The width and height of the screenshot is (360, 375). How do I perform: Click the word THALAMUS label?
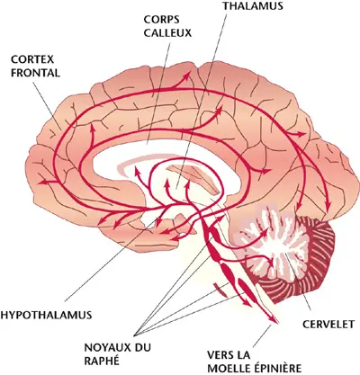tap(253, 6)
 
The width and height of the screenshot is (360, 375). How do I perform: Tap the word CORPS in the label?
tap(161, 20)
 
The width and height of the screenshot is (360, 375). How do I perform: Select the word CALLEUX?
tap(167, 33)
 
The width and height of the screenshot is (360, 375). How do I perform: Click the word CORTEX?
tap(32, 59)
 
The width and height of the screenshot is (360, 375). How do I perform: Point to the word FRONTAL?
tap(35, 73)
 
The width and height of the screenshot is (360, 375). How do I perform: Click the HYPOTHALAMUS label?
tap(46, 315)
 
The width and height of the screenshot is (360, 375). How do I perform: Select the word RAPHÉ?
tap(102, 361)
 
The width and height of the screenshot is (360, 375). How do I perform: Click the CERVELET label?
tap(328, 325)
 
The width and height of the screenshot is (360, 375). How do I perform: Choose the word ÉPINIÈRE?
tap(276, 368)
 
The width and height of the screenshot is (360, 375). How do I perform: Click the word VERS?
tap(220, 355)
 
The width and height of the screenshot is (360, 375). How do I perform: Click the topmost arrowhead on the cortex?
tap(188, 75)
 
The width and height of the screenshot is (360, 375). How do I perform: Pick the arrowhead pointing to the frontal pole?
tap(42, 182)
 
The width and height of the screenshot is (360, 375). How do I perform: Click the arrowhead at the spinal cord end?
tap(275, 320)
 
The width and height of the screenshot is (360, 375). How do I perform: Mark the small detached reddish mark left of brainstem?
tap(220, 289)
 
